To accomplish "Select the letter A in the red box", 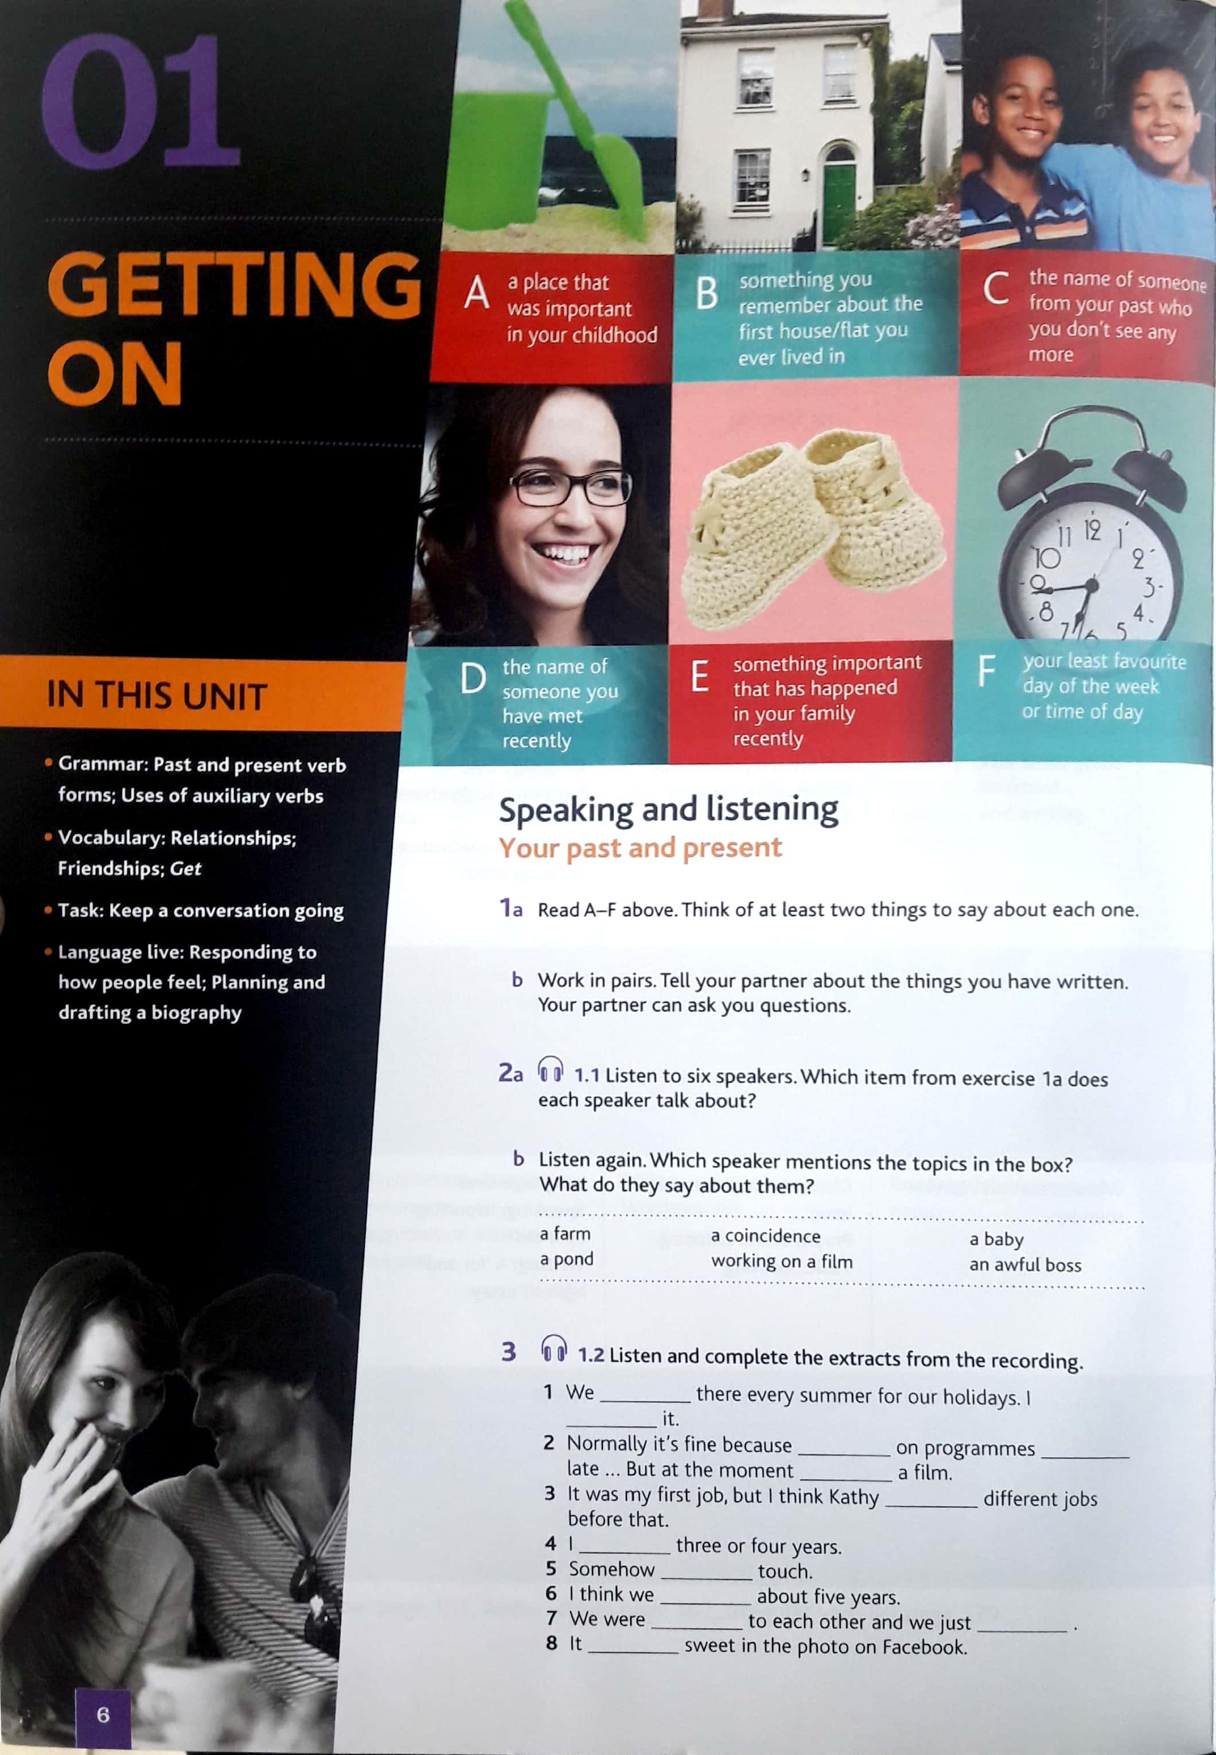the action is pos(476,292).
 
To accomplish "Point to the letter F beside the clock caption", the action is pos(987,671).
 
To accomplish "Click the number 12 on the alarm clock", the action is pos(1091,529).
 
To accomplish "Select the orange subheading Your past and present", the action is pos(640,848).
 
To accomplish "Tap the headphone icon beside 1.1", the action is pos(550,1070).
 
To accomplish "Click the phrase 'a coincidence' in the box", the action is pos(765,1235).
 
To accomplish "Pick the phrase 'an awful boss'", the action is pos(1025,1265).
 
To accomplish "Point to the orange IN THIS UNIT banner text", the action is pos(157,696).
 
